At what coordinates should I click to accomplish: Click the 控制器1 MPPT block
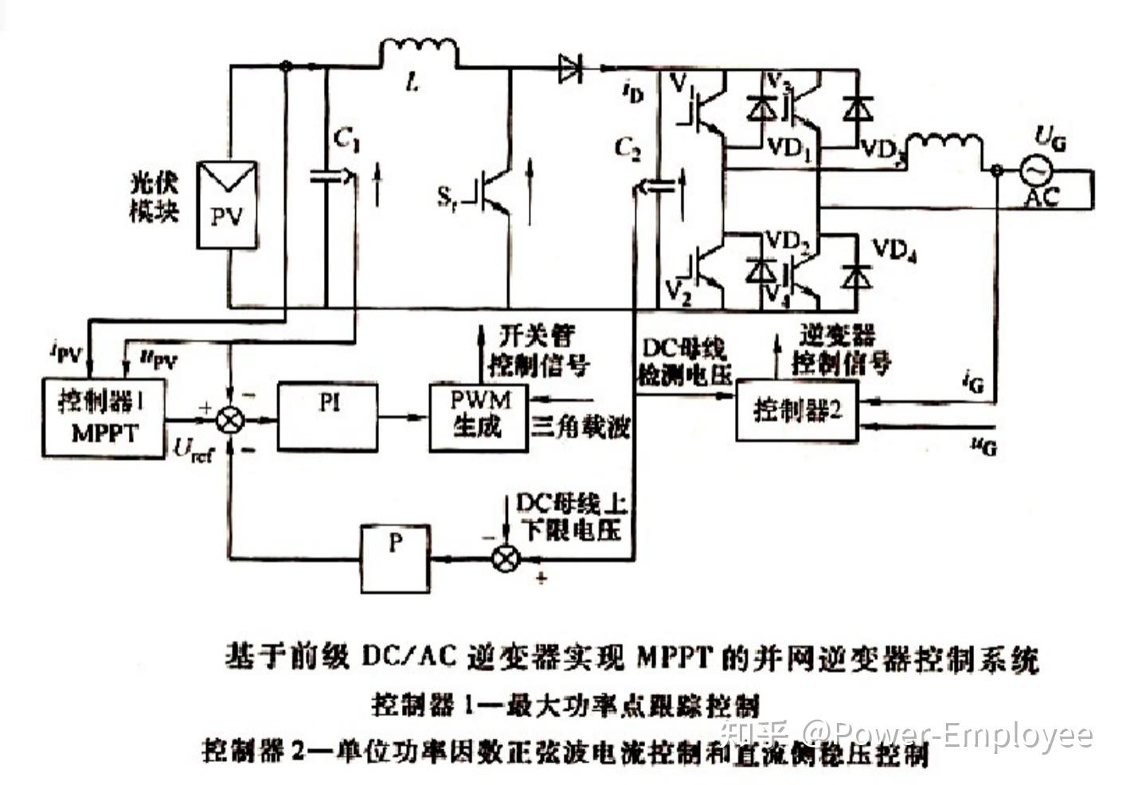pos(104,418)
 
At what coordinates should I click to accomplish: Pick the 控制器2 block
pos(796,411)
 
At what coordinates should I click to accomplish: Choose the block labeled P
pos(395,557)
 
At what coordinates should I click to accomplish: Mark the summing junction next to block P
pos(506,557)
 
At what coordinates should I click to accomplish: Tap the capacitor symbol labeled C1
pos(326,177)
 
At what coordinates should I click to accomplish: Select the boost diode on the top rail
pos(570,68)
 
